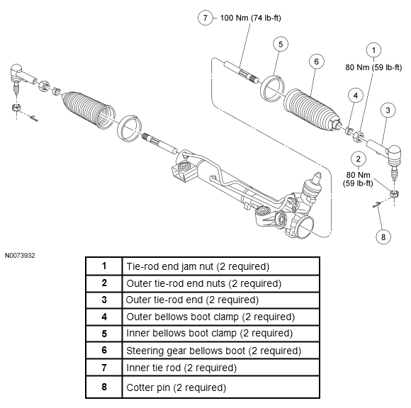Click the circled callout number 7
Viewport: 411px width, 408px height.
(x=205, y=18)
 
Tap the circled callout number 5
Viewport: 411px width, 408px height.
(x=281, y=44)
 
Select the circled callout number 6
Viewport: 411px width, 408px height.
(x=316, y=62)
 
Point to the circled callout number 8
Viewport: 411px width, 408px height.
(x=383, y=237)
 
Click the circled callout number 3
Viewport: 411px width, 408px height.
(x=388, y=110)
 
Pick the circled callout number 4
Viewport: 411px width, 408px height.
(x=356, y=96)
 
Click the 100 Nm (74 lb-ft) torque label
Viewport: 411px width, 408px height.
(x=250, y=18)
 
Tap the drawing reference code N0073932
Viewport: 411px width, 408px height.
(x=20, y=256)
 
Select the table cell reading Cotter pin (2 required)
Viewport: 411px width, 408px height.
(x=220, y=387)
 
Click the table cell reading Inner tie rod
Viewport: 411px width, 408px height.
(x=220, y=368)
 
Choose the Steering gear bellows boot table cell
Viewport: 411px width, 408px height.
(x=220, y=351)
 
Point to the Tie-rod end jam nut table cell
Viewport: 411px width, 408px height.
(x=220, y=266)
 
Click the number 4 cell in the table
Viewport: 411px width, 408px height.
(x=104, y=317)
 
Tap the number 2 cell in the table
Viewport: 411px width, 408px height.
(x=104, y=283)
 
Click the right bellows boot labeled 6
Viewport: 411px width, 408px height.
(x=312, y=110)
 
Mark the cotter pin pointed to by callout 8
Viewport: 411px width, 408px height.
(x=377, y=205)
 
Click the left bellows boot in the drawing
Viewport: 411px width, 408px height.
(x=89, y=110)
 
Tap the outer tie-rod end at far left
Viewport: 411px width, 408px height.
(x=21, y=76)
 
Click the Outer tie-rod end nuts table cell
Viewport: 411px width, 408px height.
(x=220, y=283)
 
